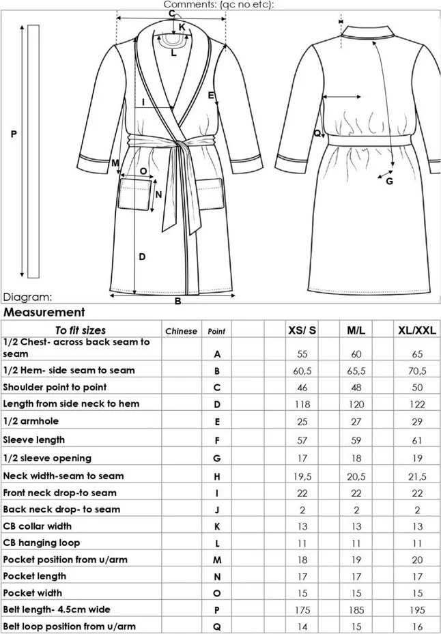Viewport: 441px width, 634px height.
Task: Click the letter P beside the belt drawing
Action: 14,135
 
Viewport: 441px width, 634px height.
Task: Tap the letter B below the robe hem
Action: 177,301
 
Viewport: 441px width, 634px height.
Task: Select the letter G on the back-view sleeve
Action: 389,182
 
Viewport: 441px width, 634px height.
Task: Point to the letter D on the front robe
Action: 142,257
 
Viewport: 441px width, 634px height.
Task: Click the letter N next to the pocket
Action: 158,194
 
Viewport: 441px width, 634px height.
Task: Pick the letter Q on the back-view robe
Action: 317,134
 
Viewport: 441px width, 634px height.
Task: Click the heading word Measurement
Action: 44,313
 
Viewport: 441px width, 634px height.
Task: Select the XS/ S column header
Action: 301,331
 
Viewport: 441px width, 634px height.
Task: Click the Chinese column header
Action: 181,332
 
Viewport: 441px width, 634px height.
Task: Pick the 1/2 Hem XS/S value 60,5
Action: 302,371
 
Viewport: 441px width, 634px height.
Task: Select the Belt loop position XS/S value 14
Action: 302,626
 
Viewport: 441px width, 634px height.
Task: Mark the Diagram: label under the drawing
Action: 27,298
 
